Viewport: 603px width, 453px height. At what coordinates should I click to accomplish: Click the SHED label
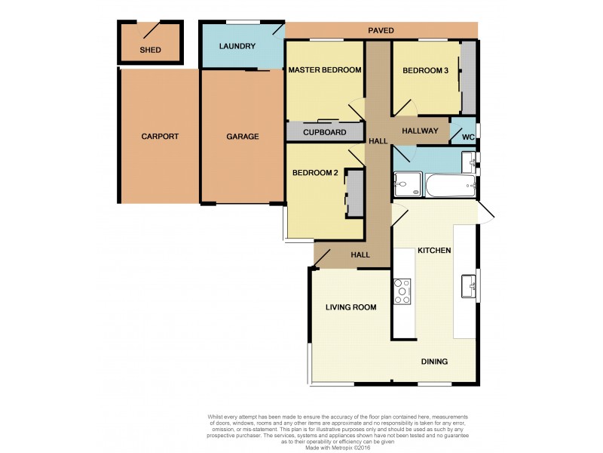(x=150, y=51)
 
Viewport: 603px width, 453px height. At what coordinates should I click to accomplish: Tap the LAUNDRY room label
(x=237, y=47)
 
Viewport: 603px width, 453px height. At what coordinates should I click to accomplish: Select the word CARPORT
(x=160, y=137)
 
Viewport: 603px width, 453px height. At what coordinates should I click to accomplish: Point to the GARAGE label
(x=243, y=137)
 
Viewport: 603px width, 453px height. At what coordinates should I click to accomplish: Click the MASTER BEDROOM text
(x=325, y=70)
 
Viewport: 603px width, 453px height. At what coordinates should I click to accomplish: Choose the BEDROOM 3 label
(x=425, y=70)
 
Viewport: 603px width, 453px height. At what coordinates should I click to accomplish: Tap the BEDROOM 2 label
(x=314, y=173)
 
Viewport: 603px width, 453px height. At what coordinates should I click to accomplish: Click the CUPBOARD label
(x=324, y=133)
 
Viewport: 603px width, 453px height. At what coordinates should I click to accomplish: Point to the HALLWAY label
(x=420, y=131)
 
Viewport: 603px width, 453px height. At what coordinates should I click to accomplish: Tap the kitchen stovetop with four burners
(x=403, y=291)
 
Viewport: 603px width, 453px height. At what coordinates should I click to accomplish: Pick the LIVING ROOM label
(x=350, y=307)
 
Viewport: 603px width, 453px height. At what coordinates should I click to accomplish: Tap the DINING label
(x=434, y=362)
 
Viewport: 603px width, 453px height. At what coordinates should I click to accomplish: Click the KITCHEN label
(x=434, y=250)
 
